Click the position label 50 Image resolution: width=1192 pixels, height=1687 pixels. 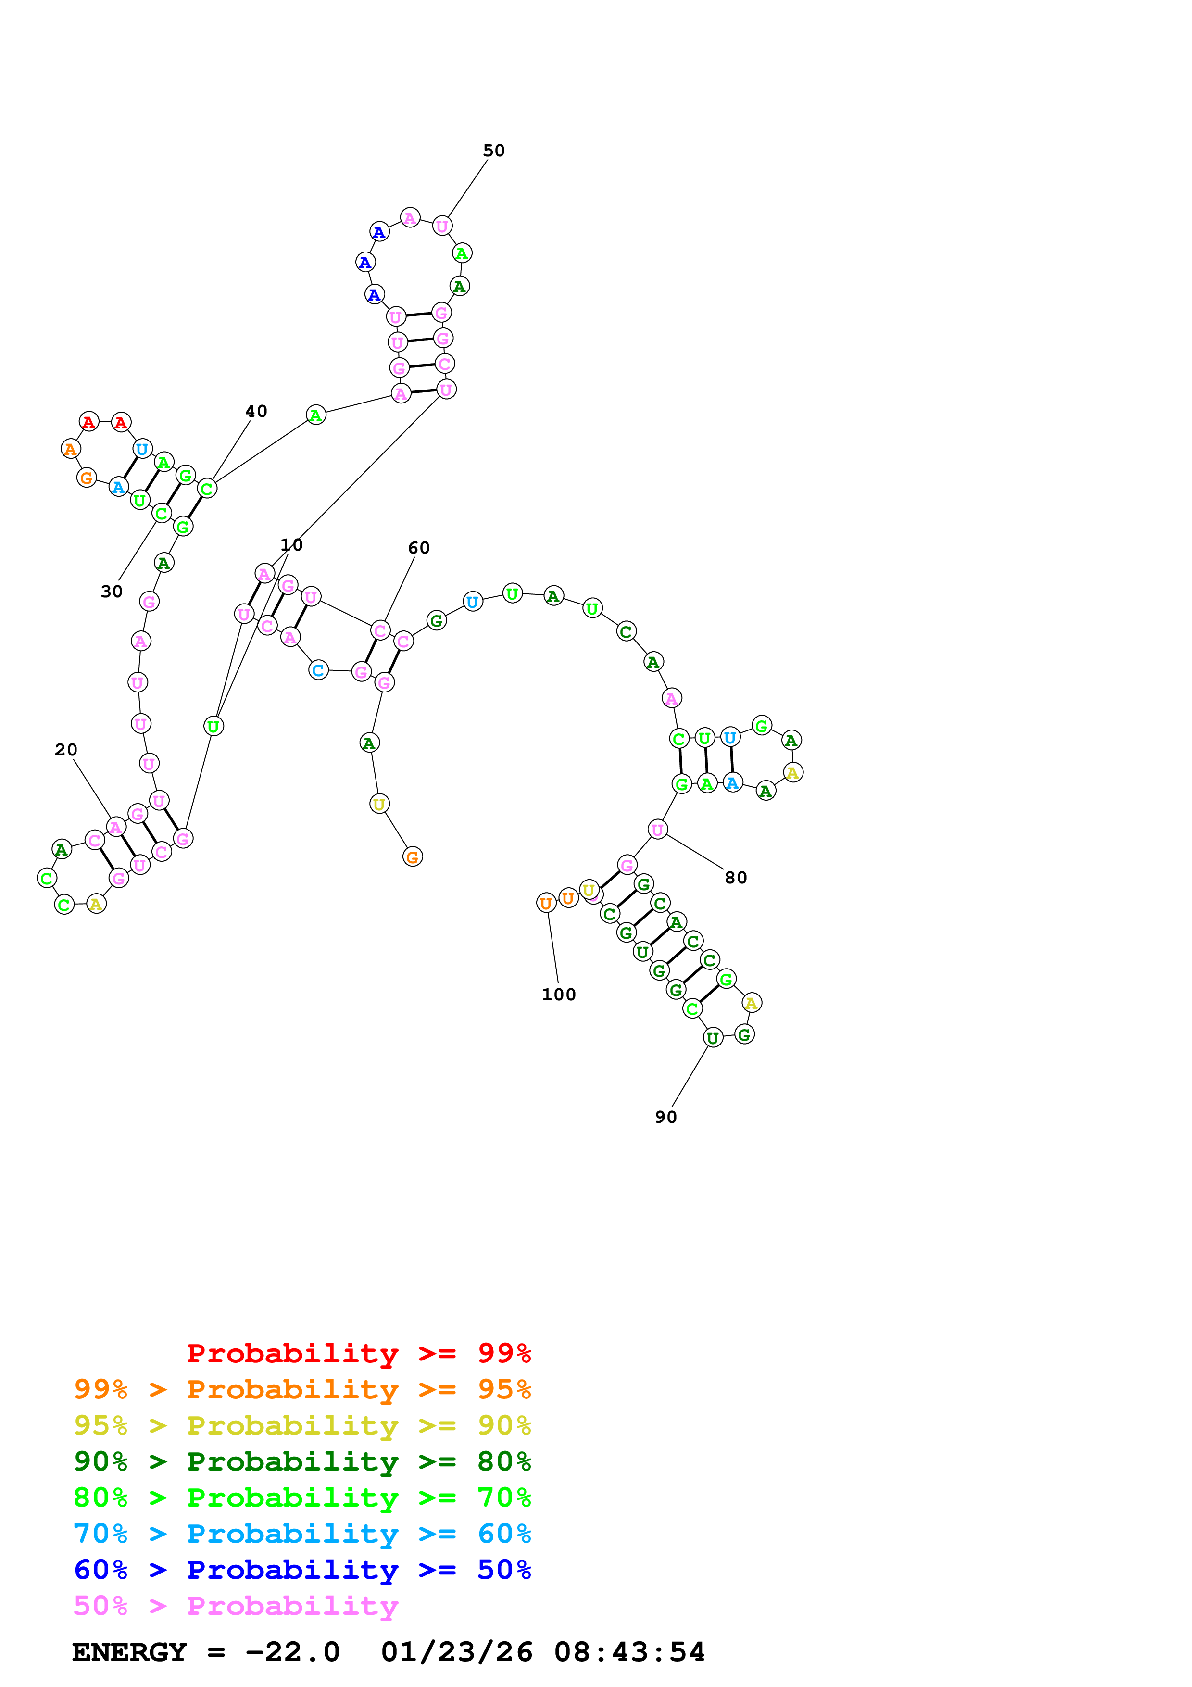[493, 151]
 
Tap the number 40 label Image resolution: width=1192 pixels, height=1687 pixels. [256, 412]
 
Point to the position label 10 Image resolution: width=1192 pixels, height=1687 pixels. [291, 544]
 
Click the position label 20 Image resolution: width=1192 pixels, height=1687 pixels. [65, 749]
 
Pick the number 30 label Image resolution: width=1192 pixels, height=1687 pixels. [112, 592]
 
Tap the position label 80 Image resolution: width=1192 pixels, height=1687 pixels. [735, 877]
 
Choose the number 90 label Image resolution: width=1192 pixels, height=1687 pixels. [665, 1117]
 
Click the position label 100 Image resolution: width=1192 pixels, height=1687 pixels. [558, 994]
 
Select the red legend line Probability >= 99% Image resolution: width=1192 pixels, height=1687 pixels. [358, 1353]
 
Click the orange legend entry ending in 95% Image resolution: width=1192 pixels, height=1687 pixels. [302, 1389]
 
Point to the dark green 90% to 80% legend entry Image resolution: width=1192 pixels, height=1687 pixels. [302, 1460]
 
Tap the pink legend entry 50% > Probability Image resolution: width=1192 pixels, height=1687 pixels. [235, 1605]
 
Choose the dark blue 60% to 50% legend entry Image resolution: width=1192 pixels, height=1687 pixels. [302, 1570]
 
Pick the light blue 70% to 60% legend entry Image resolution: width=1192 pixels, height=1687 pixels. [302, 1534]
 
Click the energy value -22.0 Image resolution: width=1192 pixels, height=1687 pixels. [292, 1652]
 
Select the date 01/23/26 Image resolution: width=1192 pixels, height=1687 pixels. [456, 1652]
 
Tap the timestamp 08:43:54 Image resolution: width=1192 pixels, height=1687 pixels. [629, 1652]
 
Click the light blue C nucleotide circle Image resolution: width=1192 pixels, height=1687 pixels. [318, 670]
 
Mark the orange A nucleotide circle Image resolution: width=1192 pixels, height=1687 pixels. [71, 448]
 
